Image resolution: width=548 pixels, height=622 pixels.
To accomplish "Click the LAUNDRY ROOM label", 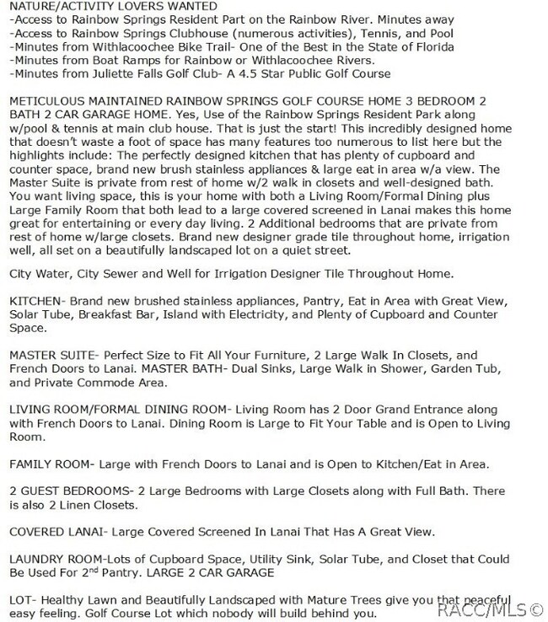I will [x=60, y=560].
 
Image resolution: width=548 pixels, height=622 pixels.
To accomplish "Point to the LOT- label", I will [x=23, y=598].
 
